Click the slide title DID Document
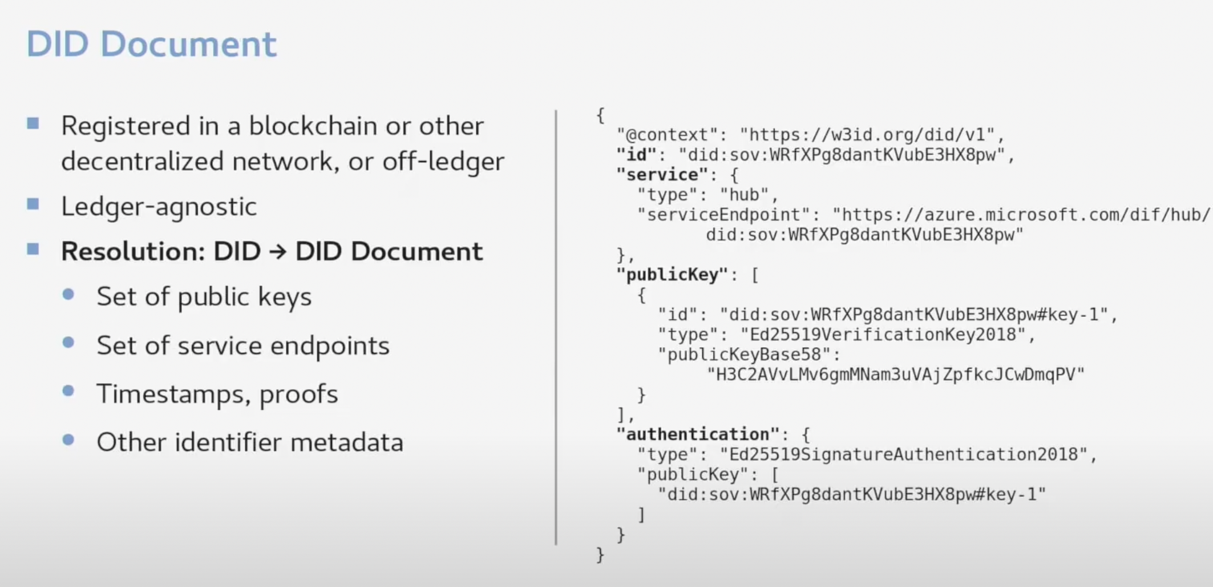click(x=151, y=45)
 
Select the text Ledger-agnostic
click(x=159, y=207)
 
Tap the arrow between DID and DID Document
click(x=278, y=252)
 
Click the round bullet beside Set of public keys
click(x=68, y=295)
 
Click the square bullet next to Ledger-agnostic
click(x=33, y=204)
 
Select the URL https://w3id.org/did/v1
click(x=871, y=135)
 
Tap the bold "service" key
click(x=662, y=175)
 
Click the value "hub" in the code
click(x=745, y=195)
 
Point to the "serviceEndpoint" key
click(x=723, y=215)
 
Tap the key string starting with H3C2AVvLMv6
click(x=895, y=375)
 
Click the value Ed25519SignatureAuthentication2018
click(x=904, y=455)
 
